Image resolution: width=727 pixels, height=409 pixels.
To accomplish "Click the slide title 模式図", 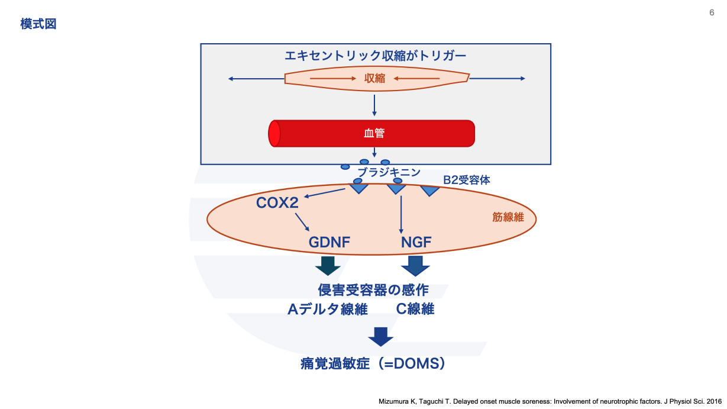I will (x=38, y=24).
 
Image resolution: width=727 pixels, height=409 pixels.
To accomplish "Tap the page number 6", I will (x=712, y=12).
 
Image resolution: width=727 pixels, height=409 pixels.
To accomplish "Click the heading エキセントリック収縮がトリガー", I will (x=376, y=56).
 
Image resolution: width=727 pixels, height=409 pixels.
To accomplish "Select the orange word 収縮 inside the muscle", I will (x=375, y=79).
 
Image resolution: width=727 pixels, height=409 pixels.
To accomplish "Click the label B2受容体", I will (x=467, y=180).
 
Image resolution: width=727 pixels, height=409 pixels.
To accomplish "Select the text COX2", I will (x=277, y=203).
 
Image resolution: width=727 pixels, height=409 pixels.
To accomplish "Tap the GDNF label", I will (x=329, y=242).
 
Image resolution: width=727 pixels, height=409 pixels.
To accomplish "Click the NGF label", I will (x=416, y=242).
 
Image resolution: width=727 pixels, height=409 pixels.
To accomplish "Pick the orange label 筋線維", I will (x=508, y=217).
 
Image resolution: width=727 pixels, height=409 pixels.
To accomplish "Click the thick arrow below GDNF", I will (x=328, y=266).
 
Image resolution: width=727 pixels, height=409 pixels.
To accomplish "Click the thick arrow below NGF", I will (x=415, y=266).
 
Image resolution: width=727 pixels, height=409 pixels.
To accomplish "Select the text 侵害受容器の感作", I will (x=373, y=290).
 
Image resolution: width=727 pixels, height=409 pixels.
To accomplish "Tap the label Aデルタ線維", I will (x=328, y=309).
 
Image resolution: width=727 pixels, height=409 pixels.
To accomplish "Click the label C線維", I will (x=415, y=309).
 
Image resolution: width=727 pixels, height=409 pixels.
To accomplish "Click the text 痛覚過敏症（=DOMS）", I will (x=373, y=363).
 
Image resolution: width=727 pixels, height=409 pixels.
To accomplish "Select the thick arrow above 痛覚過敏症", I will (x=380, y=336).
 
